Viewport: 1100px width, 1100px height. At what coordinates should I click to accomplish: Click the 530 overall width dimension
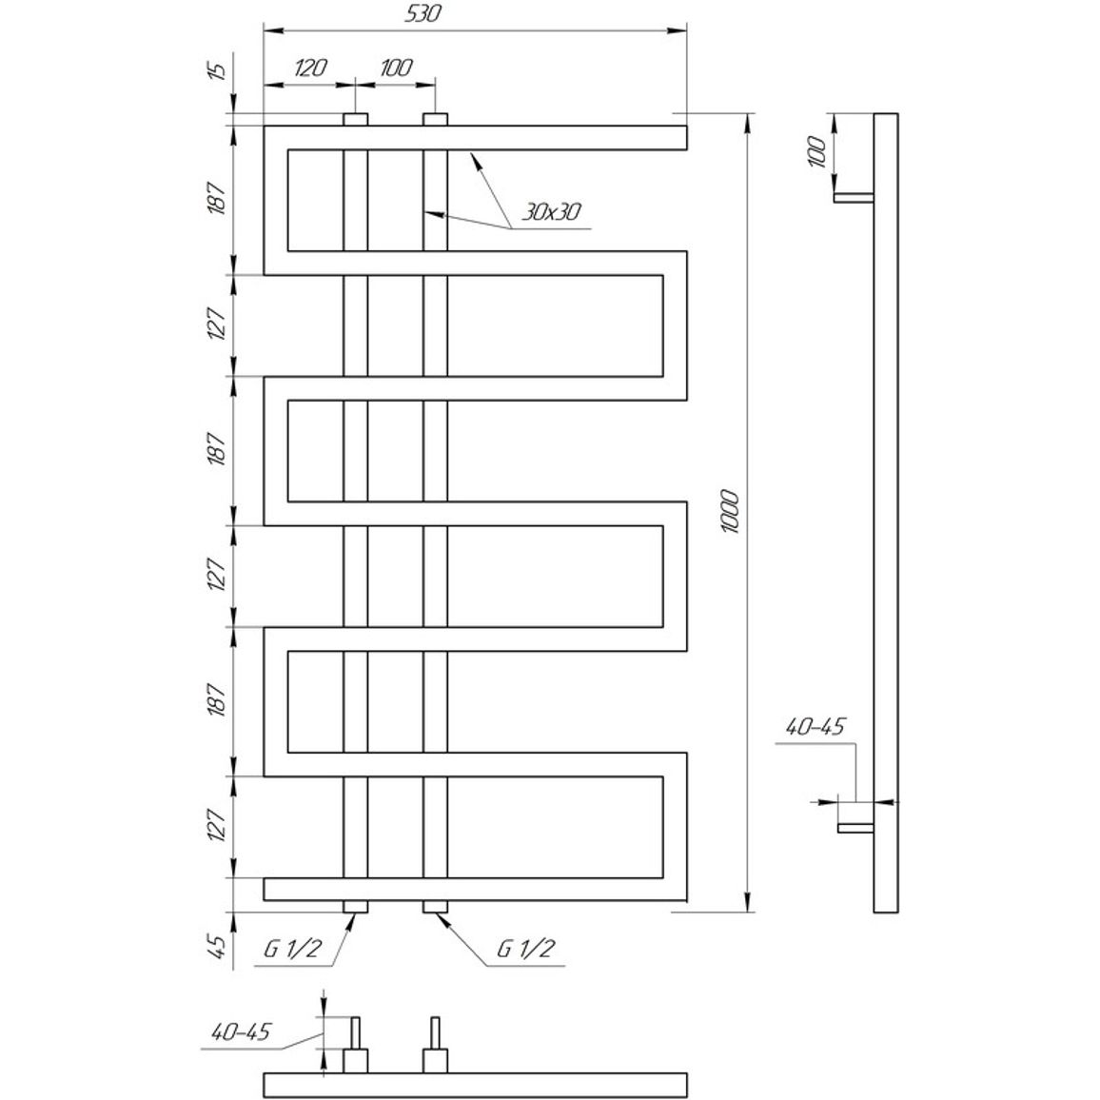(423, 14)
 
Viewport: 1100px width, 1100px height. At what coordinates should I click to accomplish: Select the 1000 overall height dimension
(730, 512)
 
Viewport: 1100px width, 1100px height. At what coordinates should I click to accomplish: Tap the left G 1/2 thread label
(292, 949)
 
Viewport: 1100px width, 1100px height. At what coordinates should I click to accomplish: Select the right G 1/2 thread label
(525, 949)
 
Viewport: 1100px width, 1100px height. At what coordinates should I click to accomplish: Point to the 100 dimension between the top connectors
(396, 69)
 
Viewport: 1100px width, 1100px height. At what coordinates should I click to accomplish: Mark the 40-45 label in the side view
(815, 727)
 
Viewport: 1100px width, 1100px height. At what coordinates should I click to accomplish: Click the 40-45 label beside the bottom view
(240, 1031)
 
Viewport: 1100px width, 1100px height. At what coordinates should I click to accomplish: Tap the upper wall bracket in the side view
(854, 198)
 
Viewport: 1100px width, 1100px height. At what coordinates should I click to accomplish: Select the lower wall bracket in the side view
(855, 829)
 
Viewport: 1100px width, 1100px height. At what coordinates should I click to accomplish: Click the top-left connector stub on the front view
(356, 119)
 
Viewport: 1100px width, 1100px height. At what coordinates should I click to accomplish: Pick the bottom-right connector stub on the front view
(435, 907)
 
